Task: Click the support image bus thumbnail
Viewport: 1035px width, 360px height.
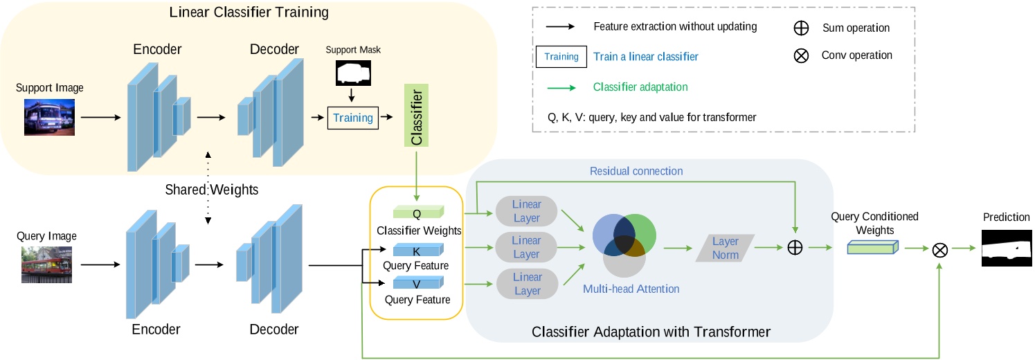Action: point(49,116)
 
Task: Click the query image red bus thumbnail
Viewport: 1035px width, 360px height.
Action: point(46,264)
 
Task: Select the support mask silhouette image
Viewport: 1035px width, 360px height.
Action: point(353,72)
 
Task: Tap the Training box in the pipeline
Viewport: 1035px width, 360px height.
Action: point(353,118)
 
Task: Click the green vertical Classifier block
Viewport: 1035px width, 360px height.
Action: point(417,117)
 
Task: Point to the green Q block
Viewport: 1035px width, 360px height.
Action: point(417,213)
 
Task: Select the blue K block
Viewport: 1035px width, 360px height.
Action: point(417,251)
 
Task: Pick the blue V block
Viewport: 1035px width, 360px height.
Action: point(417,283)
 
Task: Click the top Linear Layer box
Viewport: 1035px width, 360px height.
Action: point(527,211)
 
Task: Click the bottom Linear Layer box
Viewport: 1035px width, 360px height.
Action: point(527,283)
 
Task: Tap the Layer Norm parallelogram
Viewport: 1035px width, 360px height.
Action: point(725,247)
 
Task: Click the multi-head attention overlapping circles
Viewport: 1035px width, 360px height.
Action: point(624,243)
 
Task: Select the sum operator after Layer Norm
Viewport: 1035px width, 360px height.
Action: point(795,247)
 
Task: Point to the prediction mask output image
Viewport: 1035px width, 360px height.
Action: point(1006,248)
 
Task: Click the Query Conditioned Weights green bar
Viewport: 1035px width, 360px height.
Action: point(872,247)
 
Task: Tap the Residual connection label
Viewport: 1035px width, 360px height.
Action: point(636,171)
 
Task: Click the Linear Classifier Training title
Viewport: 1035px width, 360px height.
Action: point(249,12)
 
